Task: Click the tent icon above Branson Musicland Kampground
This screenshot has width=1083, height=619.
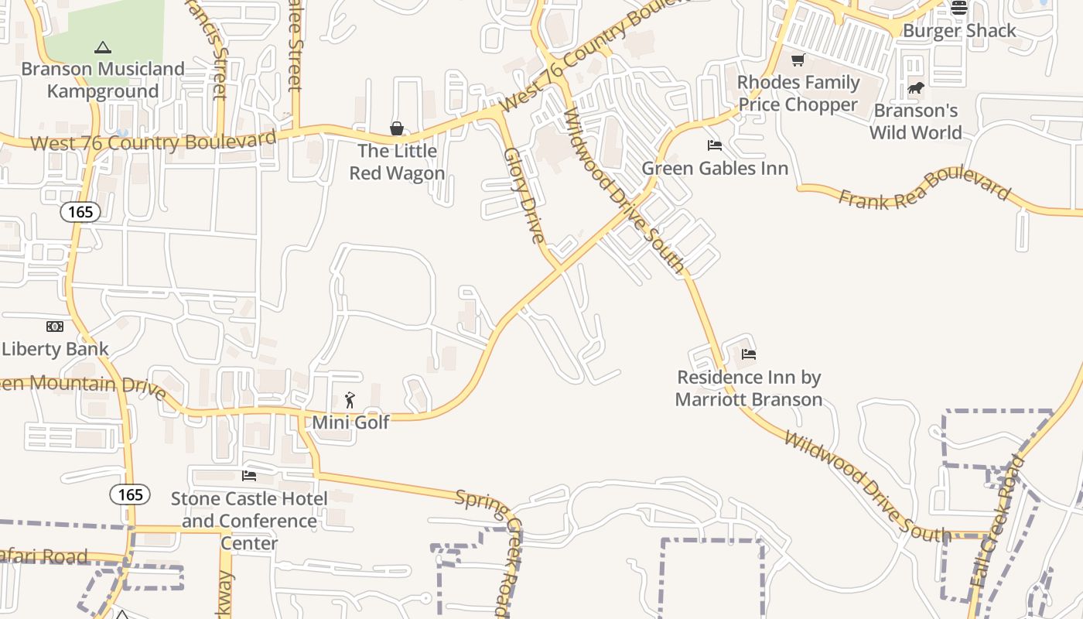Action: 102,48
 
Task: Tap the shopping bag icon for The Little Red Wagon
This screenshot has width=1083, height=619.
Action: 397,128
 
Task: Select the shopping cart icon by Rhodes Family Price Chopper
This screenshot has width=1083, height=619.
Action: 798,60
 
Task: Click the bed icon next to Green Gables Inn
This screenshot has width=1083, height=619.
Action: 715,145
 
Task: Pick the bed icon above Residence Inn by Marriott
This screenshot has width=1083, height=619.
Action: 748,354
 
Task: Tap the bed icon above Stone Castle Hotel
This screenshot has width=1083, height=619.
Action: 249,475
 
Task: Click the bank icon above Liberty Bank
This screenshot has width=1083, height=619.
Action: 54,327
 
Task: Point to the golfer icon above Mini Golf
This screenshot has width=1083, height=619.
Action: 350,400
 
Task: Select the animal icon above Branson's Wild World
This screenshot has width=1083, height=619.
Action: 916,88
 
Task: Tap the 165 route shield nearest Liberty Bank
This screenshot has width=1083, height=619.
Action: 80,212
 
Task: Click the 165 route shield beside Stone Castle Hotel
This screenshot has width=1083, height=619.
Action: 130,494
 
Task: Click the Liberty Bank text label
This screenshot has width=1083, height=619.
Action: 56,349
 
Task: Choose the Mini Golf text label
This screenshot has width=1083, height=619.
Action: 350,422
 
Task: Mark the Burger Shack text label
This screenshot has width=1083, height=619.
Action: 959,31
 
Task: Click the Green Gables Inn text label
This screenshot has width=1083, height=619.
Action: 715,169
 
